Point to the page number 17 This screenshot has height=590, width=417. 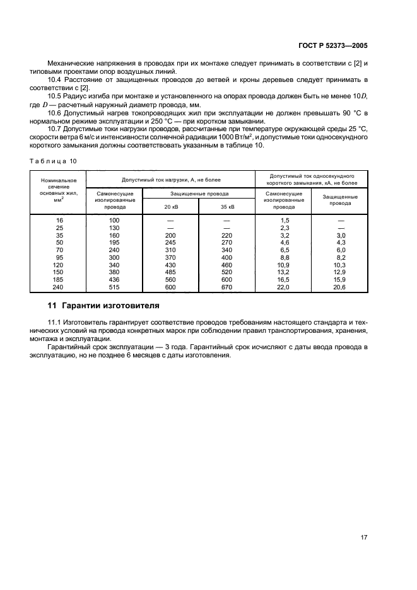click(x=364, y=538)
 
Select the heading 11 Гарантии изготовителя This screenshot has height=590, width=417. click(x=104, y=306)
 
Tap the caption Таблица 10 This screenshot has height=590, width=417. click(x=53, y=161)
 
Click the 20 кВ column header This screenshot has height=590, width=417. click(x=171, y=206)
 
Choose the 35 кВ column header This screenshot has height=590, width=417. click(x=226, y=206)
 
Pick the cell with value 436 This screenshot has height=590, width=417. click(x=114, y=279)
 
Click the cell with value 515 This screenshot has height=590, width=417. click(x=114, y=287)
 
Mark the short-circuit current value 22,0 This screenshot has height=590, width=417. click(x=283, y=287)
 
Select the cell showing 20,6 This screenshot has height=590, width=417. click(x=341, y=287)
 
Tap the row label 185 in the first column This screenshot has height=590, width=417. click(x=58, y=279)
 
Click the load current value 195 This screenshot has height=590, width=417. click(x=114, y=242)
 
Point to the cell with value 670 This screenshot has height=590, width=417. click(x=226, y=287)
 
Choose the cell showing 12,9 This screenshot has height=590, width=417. click(x=341, y=272)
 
